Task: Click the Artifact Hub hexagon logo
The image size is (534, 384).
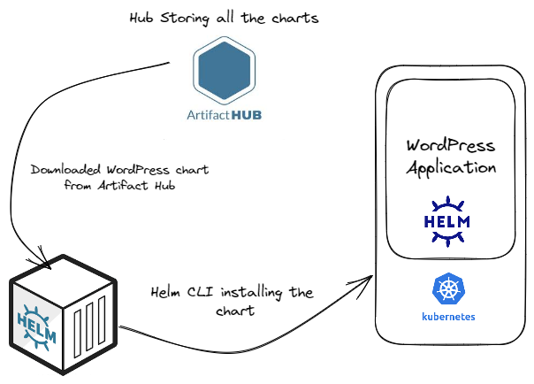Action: pos(224,70)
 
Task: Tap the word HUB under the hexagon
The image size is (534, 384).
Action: pos(246,115)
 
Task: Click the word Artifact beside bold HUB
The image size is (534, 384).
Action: pos(208,115)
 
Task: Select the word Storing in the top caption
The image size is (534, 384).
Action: pos(185,18)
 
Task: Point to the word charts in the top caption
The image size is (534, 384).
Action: pos(295,18)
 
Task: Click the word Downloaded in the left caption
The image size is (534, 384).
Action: pos(65,169)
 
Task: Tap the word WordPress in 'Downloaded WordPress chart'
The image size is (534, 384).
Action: pos(138,170)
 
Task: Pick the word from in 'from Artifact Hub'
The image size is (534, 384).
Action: pos(78,185)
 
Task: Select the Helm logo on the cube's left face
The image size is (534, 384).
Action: pos(36,327)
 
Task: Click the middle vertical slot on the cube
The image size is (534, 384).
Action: pos(89,326)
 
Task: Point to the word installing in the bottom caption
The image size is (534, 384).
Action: pos(251,293)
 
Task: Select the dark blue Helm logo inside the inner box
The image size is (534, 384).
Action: pos(447,221)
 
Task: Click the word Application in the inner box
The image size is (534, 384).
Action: pos(451,168)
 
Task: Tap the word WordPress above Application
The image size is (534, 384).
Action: pos(451,146)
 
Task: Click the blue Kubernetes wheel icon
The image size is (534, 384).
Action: pos(449,289)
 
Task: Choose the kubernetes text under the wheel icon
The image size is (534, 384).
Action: pos(448,317)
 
